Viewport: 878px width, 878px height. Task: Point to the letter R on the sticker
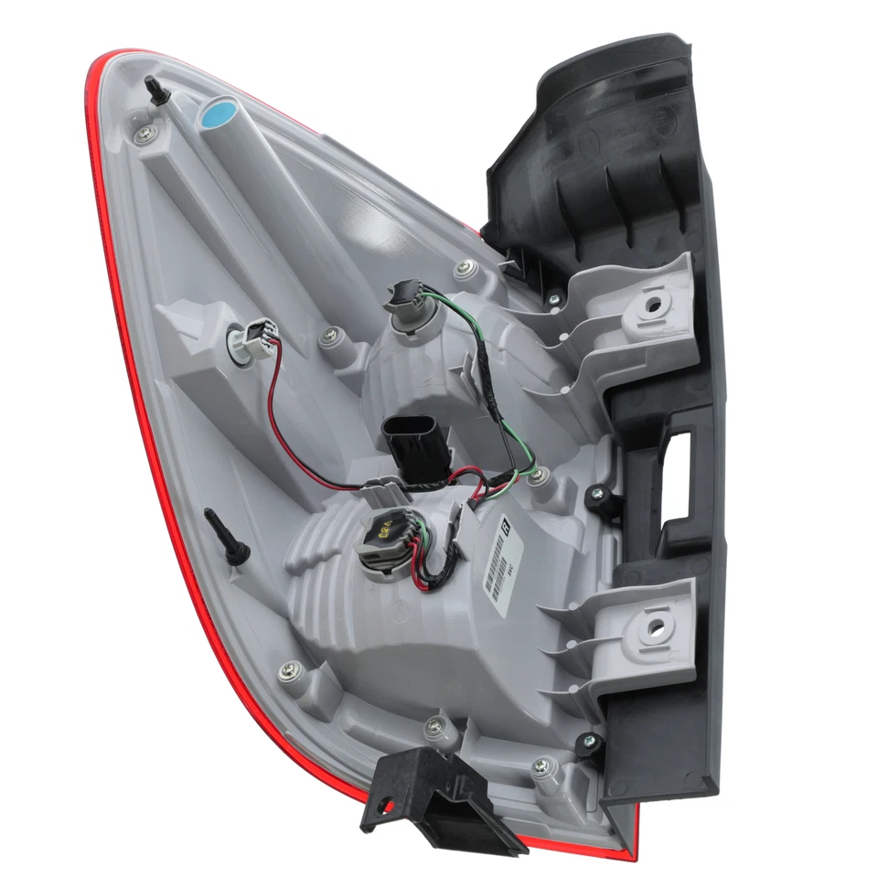pyautogui.click(x=504, y=528)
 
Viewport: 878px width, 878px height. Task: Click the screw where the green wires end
pyautogui.click(x=537, y=476)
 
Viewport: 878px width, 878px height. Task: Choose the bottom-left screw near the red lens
pyautogui.click(x=289, y=672)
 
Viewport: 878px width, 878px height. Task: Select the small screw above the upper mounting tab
pyautogui.click(x=554, y=298)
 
